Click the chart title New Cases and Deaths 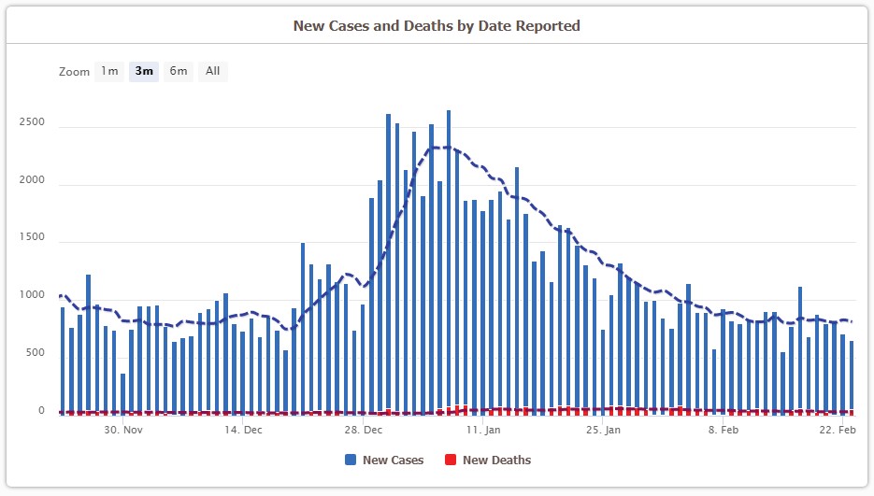pyautogui.click(x=437, y=26)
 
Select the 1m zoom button pyautogui.click(x=109, y=71)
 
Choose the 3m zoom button pyautogui.click(x=144, y=71)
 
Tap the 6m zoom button pyautogui.click(x=178, y=71)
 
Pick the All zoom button pyautogui.click(x=213, y=71)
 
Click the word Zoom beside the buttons pyautogui.click(x=74, y=72)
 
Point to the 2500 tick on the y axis pyautogui.click(x=32, y=122)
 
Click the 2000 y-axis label pyautogui.click(x=32, y=180)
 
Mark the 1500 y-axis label pyautogui.click(x=32, y=238)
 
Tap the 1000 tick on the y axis pyautogui.click(x=32, y=296)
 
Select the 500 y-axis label pyautogui.click(x=35, y=353)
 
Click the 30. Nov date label pyautogui.click(x=123, y=431)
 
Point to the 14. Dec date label pyautogui.click(x=243, y=431)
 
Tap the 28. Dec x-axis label pyautogui.click(x=364, y=431)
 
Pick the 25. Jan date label pyautogui.click(x=602, y=431)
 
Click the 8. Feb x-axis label pyautogui.click(x=724, y=431)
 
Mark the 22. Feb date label pyautogui.click(x=838, y=431)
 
